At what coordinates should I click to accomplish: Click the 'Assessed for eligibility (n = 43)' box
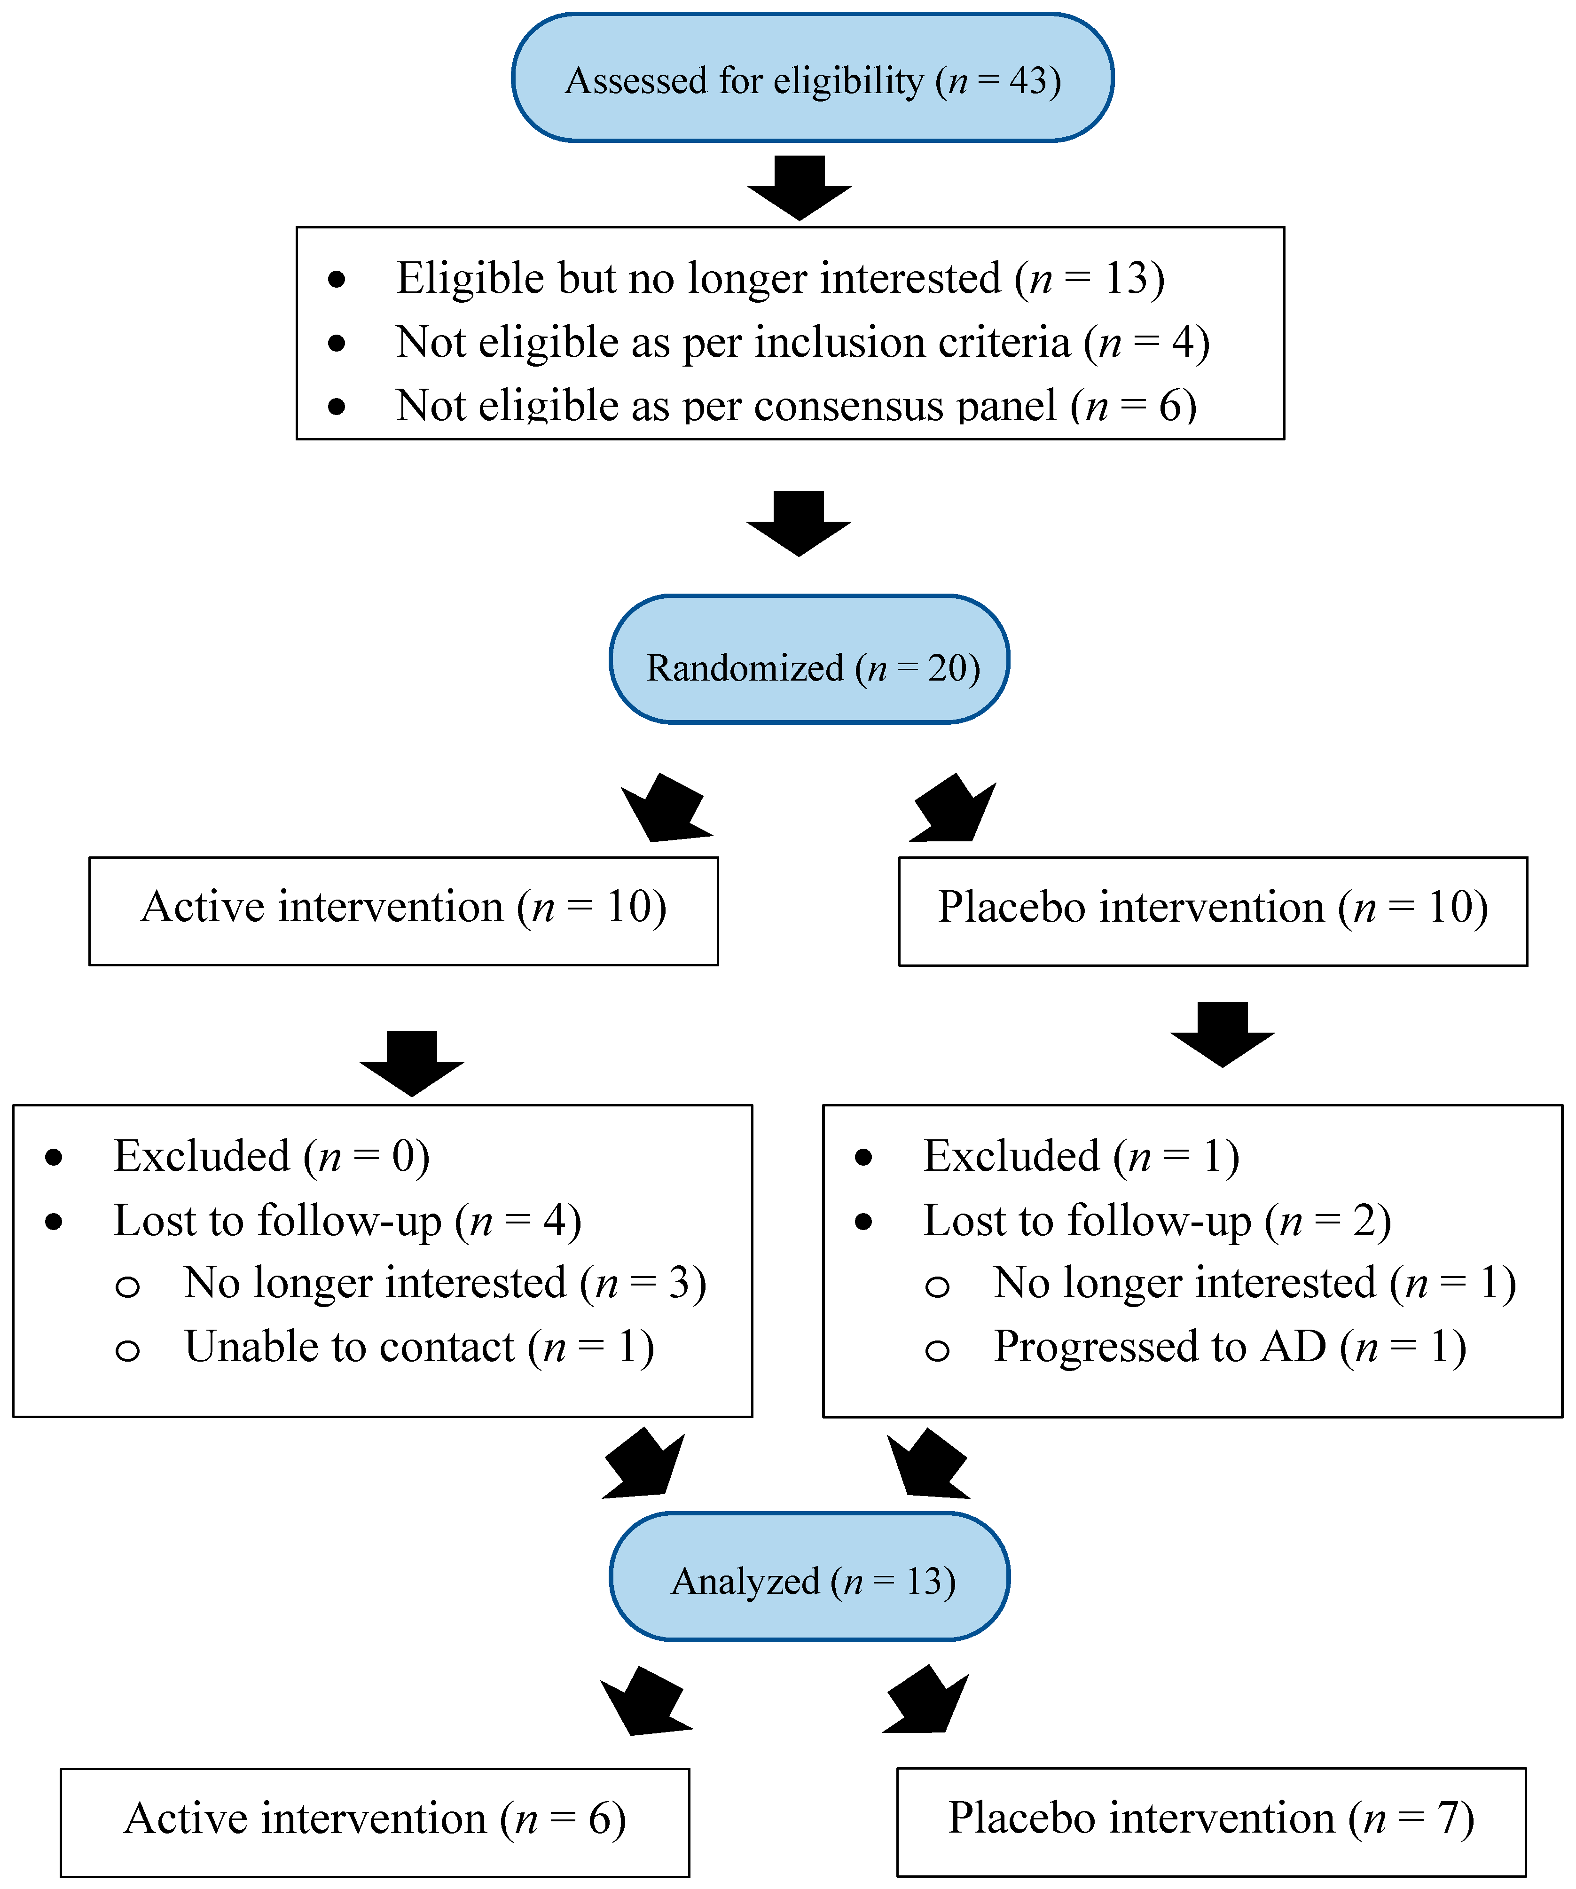point(812,78)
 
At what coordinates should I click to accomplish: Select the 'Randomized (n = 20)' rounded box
point(809,659)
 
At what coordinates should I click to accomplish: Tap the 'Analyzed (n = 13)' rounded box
point(809,1577)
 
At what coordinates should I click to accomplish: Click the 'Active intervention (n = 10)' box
point(403,911)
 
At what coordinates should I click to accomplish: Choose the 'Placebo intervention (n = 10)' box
point(1213,911)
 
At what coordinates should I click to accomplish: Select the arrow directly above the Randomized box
point(799,524)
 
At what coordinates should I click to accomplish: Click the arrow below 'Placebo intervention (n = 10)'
point(1222,1035)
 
